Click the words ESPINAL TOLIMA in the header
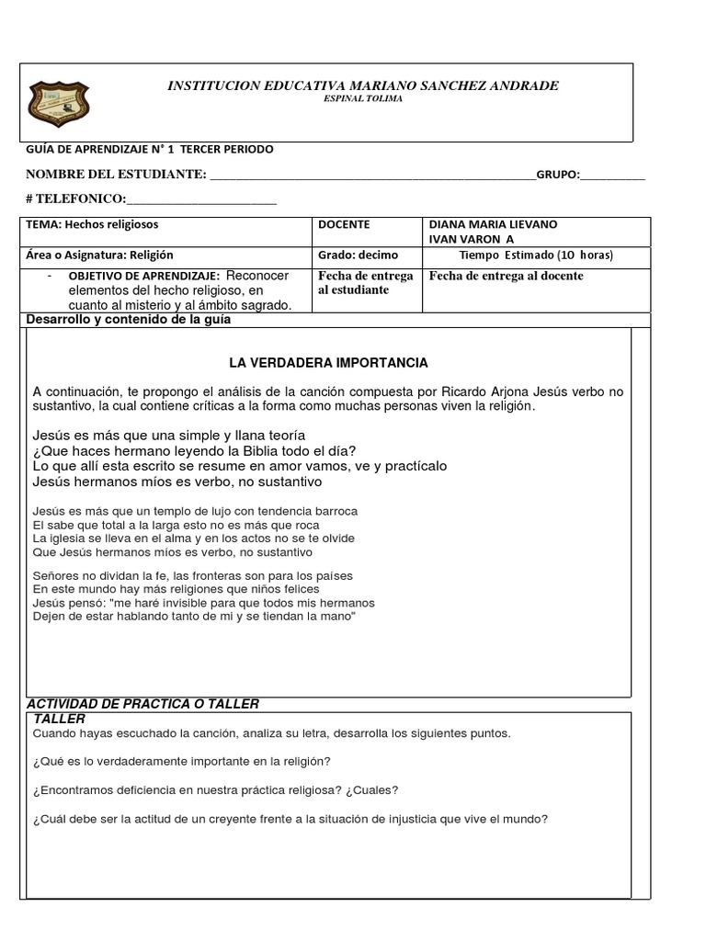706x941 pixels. pos(362,99)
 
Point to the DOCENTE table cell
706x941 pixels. pos(344,224)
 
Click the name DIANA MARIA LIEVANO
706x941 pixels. pos(493,224)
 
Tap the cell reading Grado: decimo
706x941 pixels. pos(352,255)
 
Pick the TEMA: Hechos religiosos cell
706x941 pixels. pos(92,224)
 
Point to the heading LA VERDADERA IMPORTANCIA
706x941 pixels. pos(328,363)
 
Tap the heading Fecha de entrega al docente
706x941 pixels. pos(506,276)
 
